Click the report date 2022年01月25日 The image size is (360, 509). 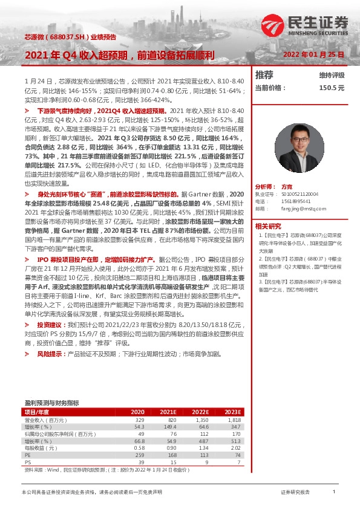(x=313, y=54)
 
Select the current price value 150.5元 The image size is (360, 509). (x=332, y=88)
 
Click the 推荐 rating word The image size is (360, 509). (x=264, y=75)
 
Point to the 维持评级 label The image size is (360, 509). (x=332, y=76)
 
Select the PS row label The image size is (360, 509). (x=28, y=462)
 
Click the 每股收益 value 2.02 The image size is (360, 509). (x=235, y=448)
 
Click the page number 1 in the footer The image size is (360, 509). (x=334, y=493)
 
